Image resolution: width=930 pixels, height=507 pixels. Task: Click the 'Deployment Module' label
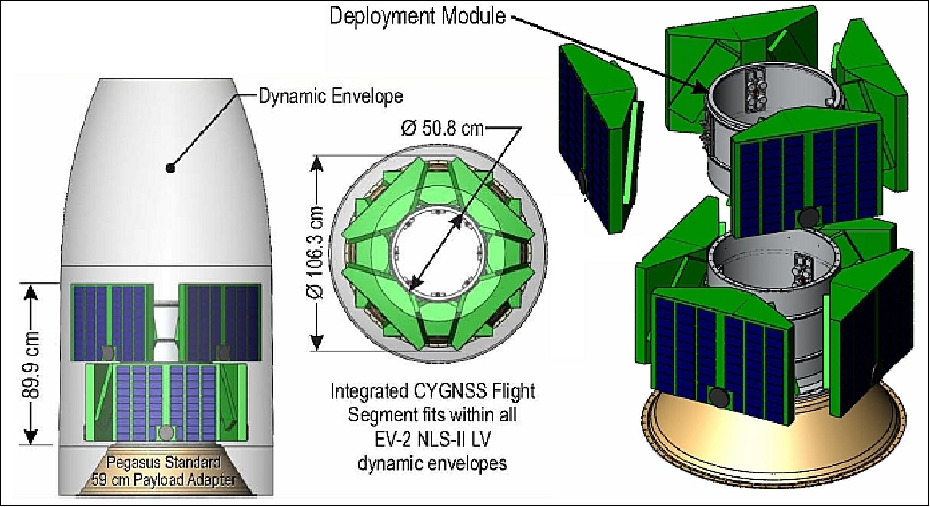[x=417, y=16]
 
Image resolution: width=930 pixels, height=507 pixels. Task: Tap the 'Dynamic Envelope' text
[x=330, y=96]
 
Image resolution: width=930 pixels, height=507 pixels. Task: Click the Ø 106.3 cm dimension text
[x=318, y=253]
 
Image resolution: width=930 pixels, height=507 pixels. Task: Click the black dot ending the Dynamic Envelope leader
[x=170, y=168]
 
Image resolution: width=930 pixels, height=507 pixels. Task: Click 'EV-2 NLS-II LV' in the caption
[x=432, y=439]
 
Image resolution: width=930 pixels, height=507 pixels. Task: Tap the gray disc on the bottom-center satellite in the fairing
[x=167, y=431]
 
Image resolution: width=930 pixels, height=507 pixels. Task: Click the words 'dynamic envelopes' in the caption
[x=432, y=463]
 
